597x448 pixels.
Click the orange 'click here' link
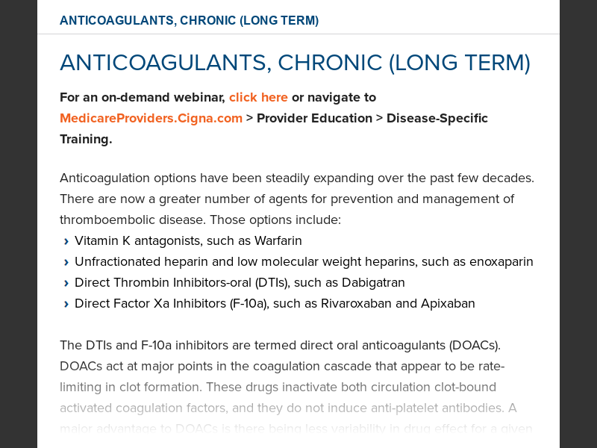coord(258,97)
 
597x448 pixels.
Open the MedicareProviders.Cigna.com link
coord(151,118)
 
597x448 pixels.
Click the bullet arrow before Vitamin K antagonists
coord(66,241)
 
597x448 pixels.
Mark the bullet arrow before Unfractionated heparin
coord(66,262)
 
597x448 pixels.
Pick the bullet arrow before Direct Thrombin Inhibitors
coord(66,283)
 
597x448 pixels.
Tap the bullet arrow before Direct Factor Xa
coord(66,304)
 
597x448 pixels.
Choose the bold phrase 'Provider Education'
coord(314,118)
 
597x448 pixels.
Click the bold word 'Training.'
coord(86,139)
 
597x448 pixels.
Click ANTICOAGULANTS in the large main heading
coord(163,63)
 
